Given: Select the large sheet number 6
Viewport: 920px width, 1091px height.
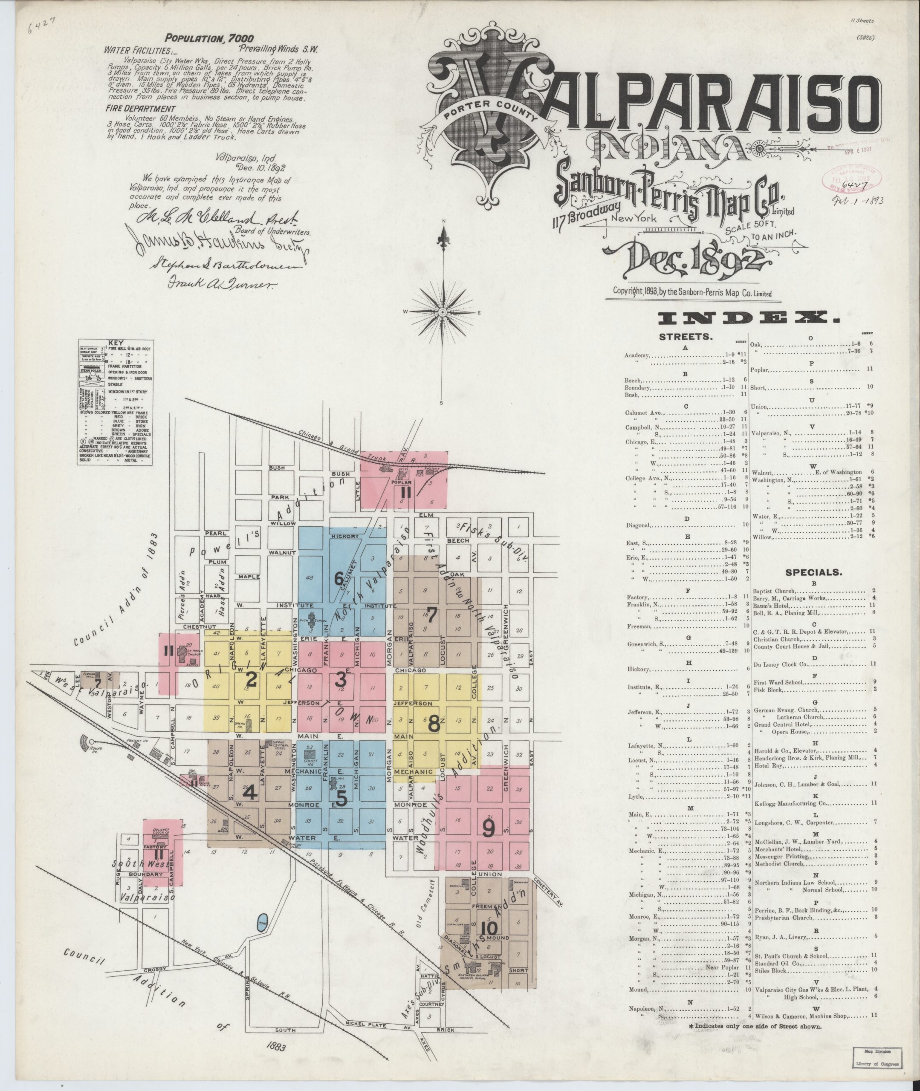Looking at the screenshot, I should [x=339, y=579].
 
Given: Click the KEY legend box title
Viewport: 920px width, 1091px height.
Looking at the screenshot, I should [x=114, y=343].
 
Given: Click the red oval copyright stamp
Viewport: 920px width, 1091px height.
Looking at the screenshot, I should [x=852, y=179].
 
